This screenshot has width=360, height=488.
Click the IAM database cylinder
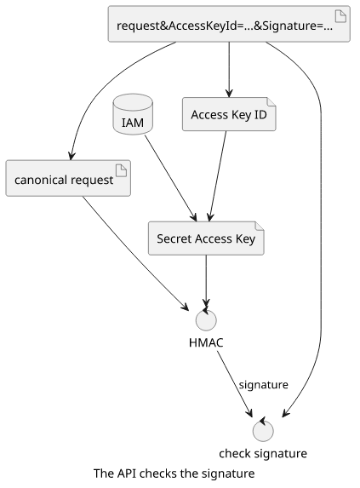coord(133,114)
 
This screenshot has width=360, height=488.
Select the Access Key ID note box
coord(229,114)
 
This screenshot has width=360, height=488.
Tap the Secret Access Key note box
coord(206,238)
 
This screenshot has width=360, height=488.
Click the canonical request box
coord(68,178)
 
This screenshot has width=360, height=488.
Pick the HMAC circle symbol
coord(206,319)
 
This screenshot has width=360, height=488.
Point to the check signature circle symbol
coord(263,431)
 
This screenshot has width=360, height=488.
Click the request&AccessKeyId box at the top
coord(229,24)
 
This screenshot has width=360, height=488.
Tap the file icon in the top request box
coord(340,16)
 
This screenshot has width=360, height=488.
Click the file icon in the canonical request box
coord(121,170)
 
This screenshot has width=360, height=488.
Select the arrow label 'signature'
coord(263,385)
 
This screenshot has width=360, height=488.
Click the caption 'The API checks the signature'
coord(174,474)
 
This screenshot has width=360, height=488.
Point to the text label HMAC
coord(206,342)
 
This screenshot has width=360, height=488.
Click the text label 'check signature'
coord(263,453)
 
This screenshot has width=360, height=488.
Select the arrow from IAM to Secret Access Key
coord(171,178)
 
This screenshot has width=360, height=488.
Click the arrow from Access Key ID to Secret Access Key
coord(218,176)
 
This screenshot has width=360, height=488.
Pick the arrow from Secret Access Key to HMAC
coord(206,281)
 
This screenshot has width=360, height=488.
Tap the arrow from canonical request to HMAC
coord(135,253)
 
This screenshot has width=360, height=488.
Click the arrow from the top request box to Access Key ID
coord(229,69)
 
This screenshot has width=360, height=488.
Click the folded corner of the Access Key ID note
coord(271,101)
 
